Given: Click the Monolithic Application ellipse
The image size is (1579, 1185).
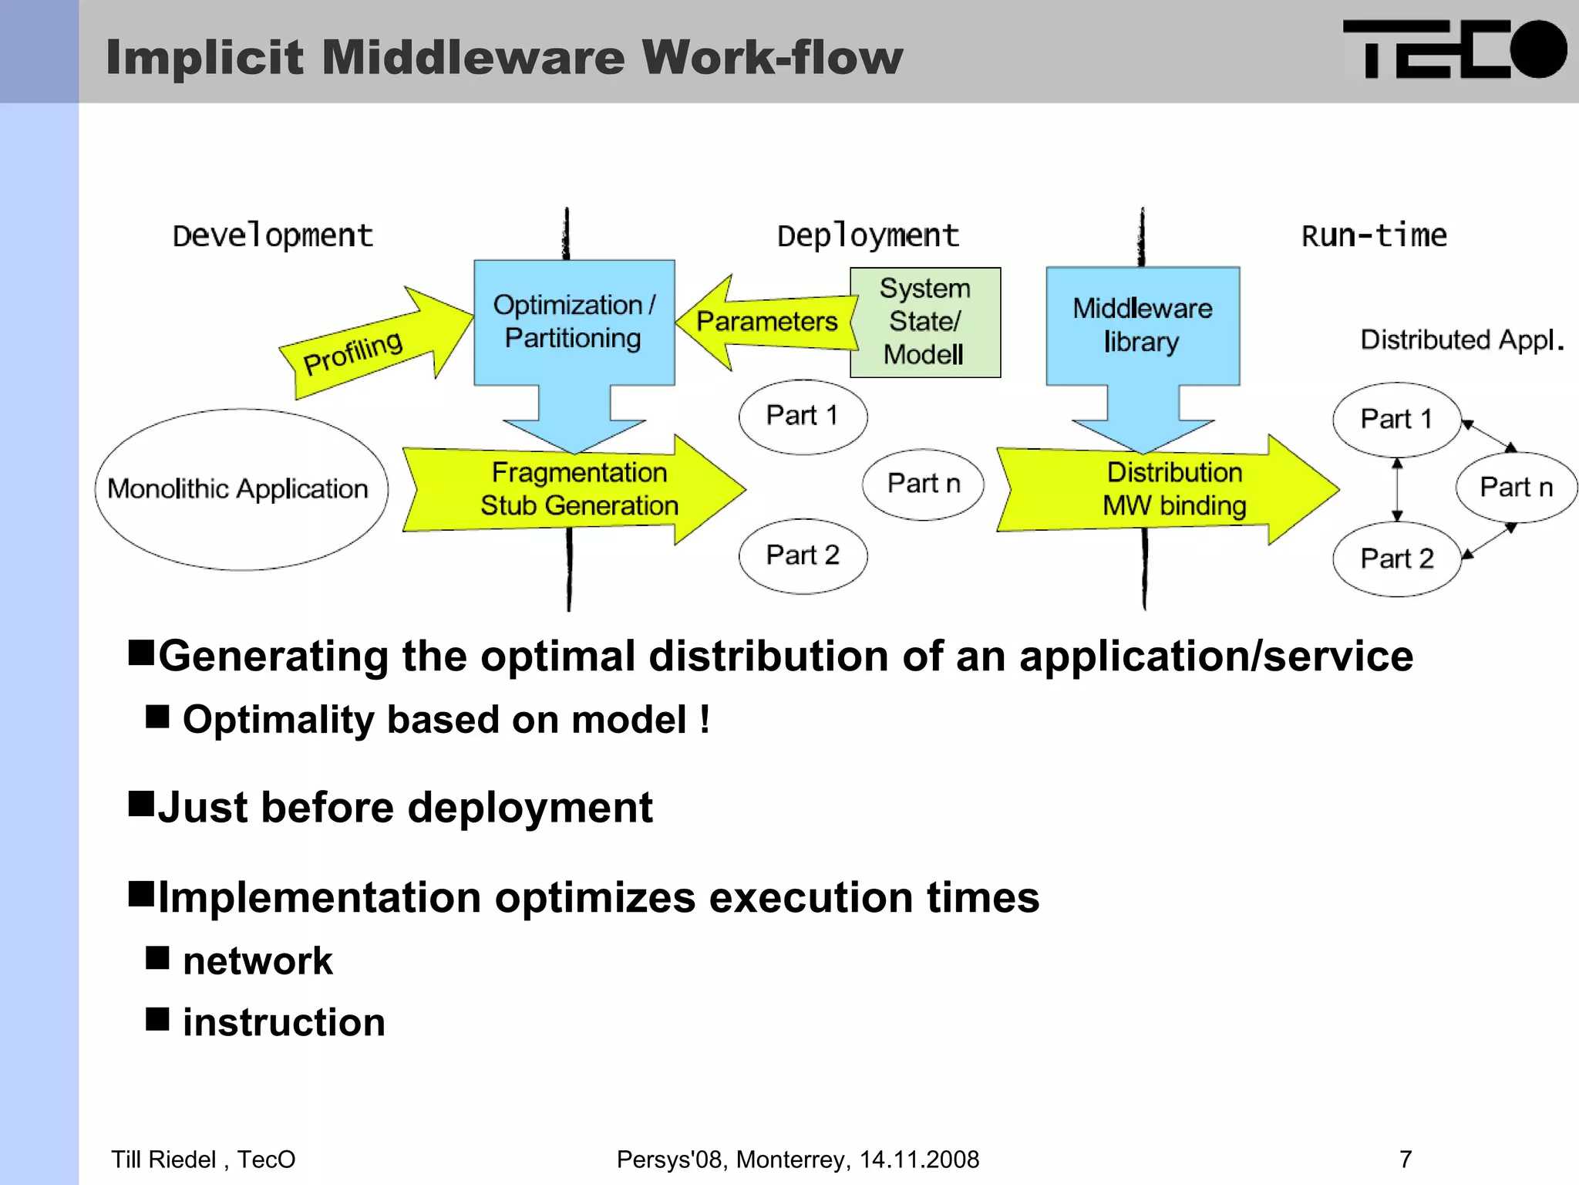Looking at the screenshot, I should coord(241,489).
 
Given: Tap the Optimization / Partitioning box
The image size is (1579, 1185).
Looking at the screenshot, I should coord(574,322).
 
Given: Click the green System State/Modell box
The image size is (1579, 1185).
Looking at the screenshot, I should coord(924,322).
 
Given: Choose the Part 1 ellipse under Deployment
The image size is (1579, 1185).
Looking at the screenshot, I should coord(803,416).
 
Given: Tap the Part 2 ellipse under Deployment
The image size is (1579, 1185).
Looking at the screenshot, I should coord(803,555).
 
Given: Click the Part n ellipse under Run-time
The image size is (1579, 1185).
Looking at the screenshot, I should coord(1516,488).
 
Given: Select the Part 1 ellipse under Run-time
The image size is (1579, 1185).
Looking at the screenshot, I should coord(1396,419).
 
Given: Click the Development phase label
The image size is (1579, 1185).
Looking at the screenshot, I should coord(272,235).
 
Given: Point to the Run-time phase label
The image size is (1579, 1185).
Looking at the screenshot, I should coord(1374,235).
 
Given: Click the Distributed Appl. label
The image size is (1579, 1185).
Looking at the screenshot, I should coord(1461,339).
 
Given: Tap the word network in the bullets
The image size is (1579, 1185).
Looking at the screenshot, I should coord(258,961).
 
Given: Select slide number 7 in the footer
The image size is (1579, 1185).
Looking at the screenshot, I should coord(1405,1159).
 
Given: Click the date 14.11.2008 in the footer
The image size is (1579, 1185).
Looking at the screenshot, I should coord(919,1159).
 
